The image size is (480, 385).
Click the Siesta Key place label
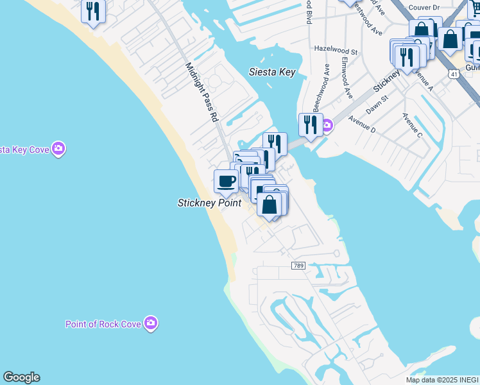(272, 72)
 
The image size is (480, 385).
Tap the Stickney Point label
(209, 203)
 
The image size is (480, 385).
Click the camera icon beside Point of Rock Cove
(151, 323)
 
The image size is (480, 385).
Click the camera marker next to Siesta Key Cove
(58, 149)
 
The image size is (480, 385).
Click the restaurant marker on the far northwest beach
(94, 12)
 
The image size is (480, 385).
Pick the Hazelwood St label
(336, 49)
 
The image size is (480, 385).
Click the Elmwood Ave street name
(347, 78)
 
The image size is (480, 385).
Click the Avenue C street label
(412, 125)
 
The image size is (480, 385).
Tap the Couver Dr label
(423, 8)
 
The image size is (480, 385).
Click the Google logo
(21, 377)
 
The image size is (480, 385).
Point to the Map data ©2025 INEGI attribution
(442, 380)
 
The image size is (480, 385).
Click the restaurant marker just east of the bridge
(311, 124)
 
